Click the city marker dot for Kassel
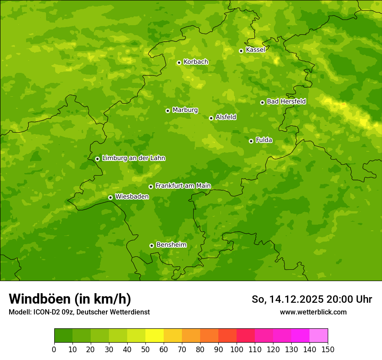point(241,51)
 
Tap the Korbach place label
point(196,62)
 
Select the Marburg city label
point(185,110)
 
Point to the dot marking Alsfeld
point(211,118)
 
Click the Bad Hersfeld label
point(286,101)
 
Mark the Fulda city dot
point(251,141)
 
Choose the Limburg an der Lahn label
point(133,158)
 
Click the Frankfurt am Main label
point(183,186)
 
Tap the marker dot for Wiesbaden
point(110,197)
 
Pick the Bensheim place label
point(171,245)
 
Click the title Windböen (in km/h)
point(69,299)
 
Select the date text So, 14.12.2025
point(288,299)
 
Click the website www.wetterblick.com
point(313,312)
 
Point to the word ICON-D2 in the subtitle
point(46,312)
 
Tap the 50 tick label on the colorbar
point(145,349)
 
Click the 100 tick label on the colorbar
point(237,349)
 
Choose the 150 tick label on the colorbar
point(328,349)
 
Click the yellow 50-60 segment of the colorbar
point(155,336)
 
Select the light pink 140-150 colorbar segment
point(319,336)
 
